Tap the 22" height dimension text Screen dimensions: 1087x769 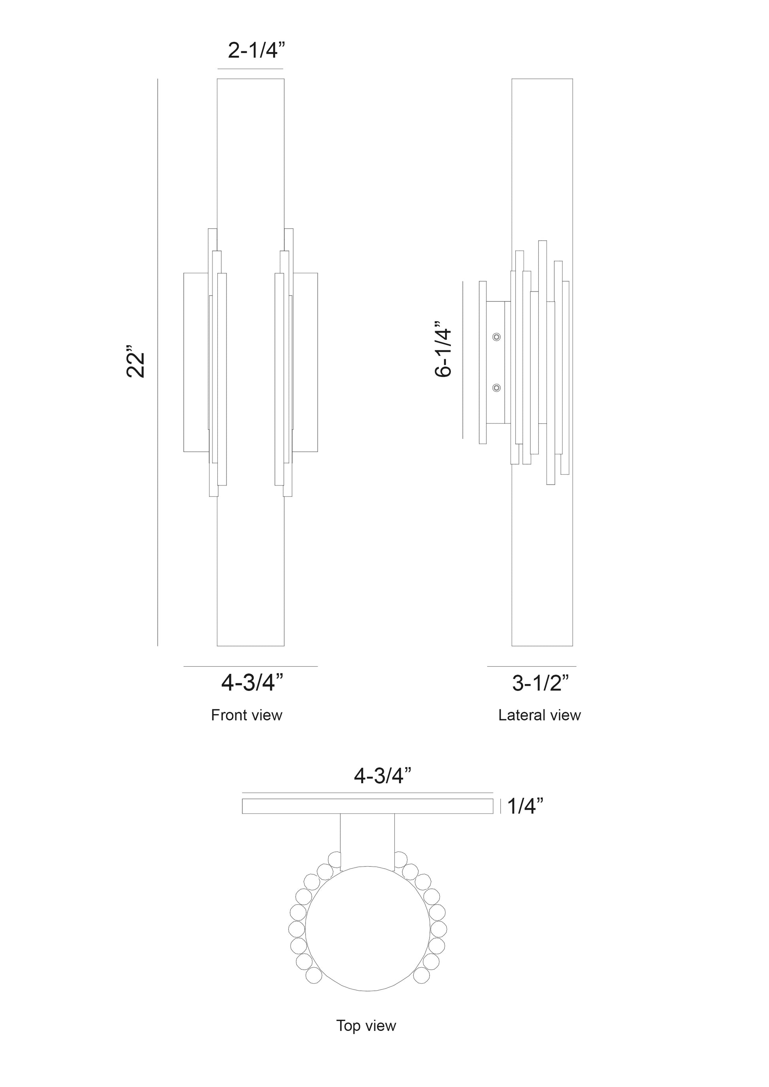pyautogui.click(x=136, y=364)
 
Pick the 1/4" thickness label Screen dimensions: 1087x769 pyautogui.click(x=525, y=806)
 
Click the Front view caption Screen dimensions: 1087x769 pyautogui.click(x=246, y=715)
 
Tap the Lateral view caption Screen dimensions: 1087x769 pyautogui.click(x=539, y=715)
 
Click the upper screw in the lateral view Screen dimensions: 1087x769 pyautogui.click(x=496, y=337)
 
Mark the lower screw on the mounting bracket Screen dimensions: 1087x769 pyautogui.click(x=496, y=388)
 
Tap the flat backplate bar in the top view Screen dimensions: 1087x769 pyautogui.click(x=368, y=806)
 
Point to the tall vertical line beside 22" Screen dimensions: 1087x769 pyautogui.click(x=157, y=363)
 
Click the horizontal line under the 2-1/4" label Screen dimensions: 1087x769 pyautogui.click(x=250, y=69)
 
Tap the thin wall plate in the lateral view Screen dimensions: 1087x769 pyautogui.click(x=483, y=362)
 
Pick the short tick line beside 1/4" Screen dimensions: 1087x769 pyautogui.click(x=501, y=806)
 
